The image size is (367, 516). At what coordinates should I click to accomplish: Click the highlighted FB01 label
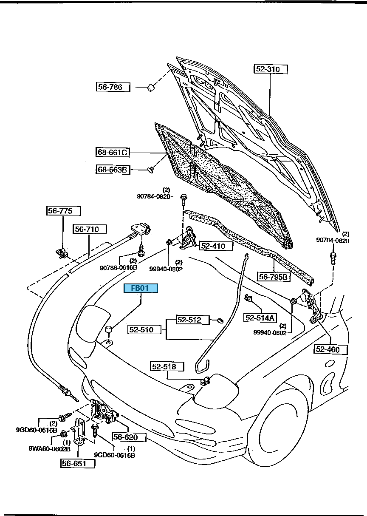(x=141, y=289)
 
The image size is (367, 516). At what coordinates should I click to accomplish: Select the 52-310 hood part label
(x=271, y=69)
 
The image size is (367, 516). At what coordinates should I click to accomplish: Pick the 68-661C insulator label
(x=113, y=152)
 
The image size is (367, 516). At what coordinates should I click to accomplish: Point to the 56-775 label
(x=63, y=211)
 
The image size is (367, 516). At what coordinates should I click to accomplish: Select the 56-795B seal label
(x=274, y=277)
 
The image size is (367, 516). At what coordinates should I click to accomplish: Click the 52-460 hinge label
(x=330, y=349)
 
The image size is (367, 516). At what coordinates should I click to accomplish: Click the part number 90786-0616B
(x=119, y=268)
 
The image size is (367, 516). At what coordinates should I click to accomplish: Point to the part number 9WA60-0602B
(x=49, y=448)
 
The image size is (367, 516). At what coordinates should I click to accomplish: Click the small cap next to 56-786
(x=150, y=88)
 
